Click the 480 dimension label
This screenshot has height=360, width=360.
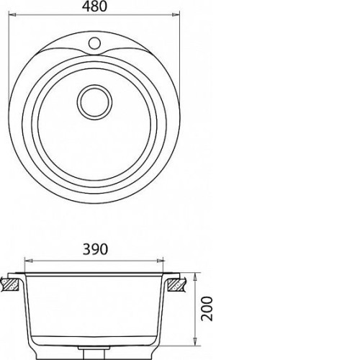(94, 6)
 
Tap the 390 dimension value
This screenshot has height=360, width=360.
(95, 249)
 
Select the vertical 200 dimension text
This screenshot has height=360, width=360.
(207, 309)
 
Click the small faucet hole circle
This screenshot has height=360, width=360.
(94, 43)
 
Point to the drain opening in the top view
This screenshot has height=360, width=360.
(94, 102)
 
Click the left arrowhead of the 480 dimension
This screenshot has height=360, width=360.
(12, 15)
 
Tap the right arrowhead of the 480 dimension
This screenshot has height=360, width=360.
(176, 15)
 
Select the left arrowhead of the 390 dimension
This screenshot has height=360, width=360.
(29, 261)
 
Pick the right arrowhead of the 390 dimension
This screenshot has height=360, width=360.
(160, 261)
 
